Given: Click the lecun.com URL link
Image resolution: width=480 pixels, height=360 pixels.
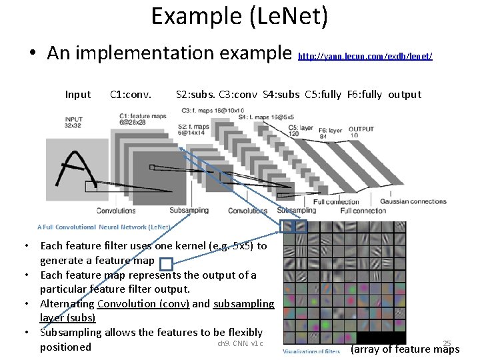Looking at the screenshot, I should click(365, 57).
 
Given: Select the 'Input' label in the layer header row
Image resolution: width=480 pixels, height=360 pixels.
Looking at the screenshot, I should click(78, 95).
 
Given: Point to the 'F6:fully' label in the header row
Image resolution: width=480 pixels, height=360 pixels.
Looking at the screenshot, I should click(365, 95).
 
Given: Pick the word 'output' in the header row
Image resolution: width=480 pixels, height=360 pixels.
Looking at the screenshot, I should click(405, 95).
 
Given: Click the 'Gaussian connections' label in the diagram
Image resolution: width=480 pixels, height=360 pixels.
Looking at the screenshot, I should click(413, 201).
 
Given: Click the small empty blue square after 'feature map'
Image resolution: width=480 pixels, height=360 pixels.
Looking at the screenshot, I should click(167, 264).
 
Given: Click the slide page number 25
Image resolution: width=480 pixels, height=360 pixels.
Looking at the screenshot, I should click(447, 344).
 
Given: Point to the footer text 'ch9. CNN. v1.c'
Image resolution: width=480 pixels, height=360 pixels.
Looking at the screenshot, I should click(240, 344).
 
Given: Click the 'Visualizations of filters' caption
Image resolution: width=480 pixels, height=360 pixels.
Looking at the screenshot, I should click(312, 351).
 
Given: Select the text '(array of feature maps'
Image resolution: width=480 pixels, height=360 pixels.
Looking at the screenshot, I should click(405, 349).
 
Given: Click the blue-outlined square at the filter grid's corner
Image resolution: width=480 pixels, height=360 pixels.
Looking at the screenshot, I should click(287, 227).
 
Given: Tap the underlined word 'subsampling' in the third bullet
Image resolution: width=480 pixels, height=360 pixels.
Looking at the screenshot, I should click(243, 303).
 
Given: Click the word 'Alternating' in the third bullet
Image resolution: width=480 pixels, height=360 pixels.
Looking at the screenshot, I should click(67, 303).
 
